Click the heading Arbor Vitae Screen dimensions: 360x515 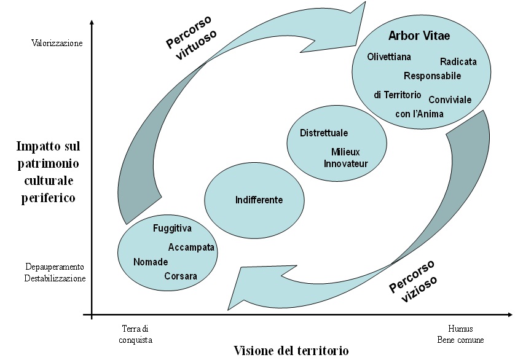pyautogui.click(x=419, y=36)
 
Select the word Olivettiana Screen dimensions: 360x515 pyautogui.click(x=389, y=57)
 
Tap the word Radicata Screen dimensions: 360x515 pyautogui.click(x=458, y=61)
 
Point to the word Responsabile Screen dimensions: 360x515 pyautogui.click(x=432, y=76)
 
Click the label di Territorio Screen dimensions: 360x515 pyautogui.click(x=398, y=95)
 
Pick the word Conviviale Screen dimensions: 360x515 pyautogui.click(x=449, y=100)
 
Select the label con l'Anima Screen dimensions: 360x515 pyautogui.click(x=419, y=114)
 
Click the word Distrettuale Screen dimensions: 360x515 pyautogui.click(x=324, y=133)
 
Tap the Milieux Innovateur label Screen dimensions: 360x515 pyautogui.click(x=346, y=158)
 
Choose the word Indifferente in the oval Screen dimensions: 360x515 pyautogui.click(x=259, y=200)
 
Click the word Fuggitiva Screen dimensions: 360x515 pyautogui.click(x=172, y=229)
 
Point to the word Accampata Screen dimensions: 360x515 pyautogui.click(x=191, y=248)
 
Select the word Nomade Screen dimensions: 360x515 pyautogui.click(x=151, y=262)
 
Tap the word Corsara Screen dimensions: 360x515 pyautogui.click(x=181, y=276)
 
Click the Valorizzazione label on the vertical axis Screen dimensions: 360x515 pyautogui.click(x=56, y=44)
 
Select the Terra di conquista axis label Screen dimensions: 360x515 pyautogui.click(x=135, y=334)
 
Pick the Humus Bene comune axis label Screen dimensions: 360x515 pyautogui.click(x=460, y=334)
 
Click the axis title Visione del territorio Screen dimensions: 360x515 pyautogui.click(x=291, y=351)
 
